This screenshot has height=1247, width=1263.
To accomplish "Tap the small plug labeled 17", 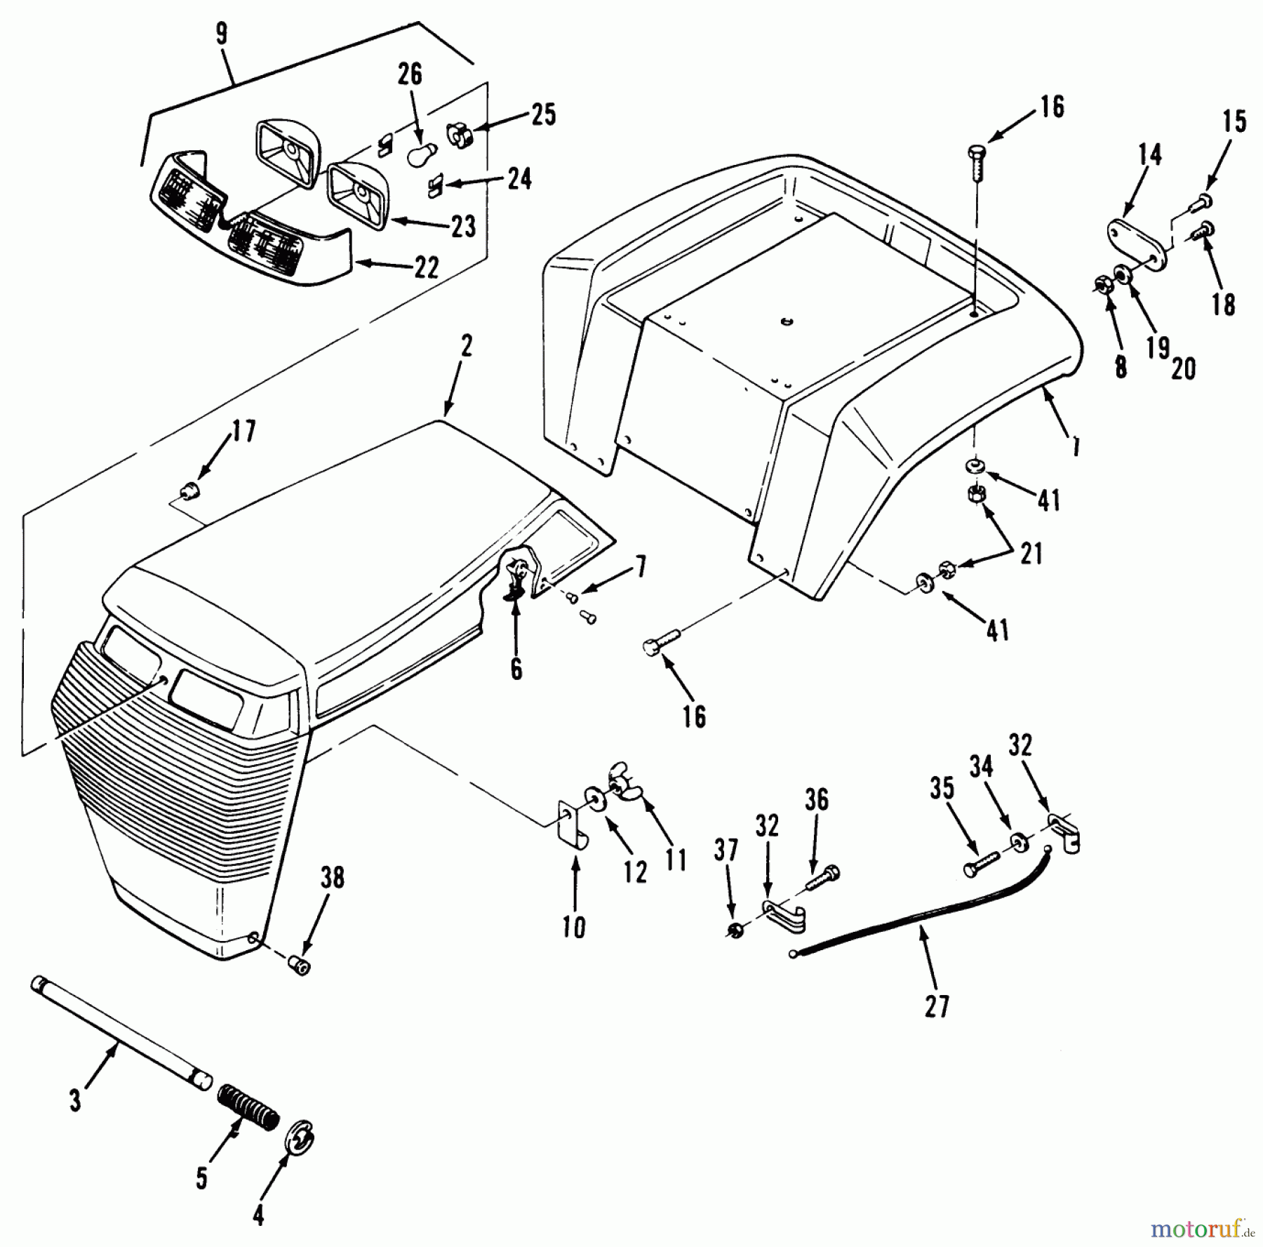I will point(189,491).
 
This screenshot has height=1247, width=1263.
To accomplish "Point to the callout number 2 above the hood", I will point(467,347).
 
